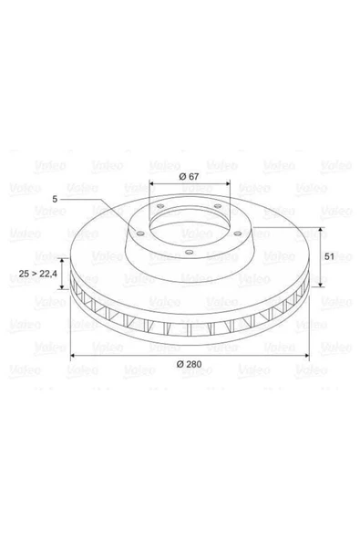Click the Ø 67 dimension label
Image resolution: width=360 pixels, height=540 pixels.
(x=189, y=176)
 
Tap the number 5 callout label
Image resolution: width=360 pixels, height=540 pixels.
(x=55, y=199)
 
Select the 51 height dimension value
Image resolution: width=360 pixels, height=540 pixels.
(x=329, y=256)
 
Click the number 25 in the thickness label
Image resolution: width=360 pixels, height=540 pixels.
(x=24, y=275)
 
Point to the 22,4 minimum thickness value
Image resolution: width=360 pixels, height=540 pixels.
(x=47, y=275)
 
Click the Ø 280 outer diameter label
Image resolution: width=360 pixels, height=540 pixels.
(x=189, y=364)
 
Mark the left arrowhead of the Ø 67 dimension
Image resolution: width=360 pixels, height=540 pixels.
(x=152, y=184)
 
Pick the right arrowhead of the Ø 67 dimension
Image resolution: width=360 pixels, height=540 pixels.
(x=228, y=184)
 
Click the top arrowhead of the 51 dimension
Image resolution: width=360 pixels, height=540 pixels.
(x=321, y=230)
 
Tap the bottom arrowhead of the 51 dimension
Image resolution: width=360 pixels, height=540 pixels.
(x=321, y=284)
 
